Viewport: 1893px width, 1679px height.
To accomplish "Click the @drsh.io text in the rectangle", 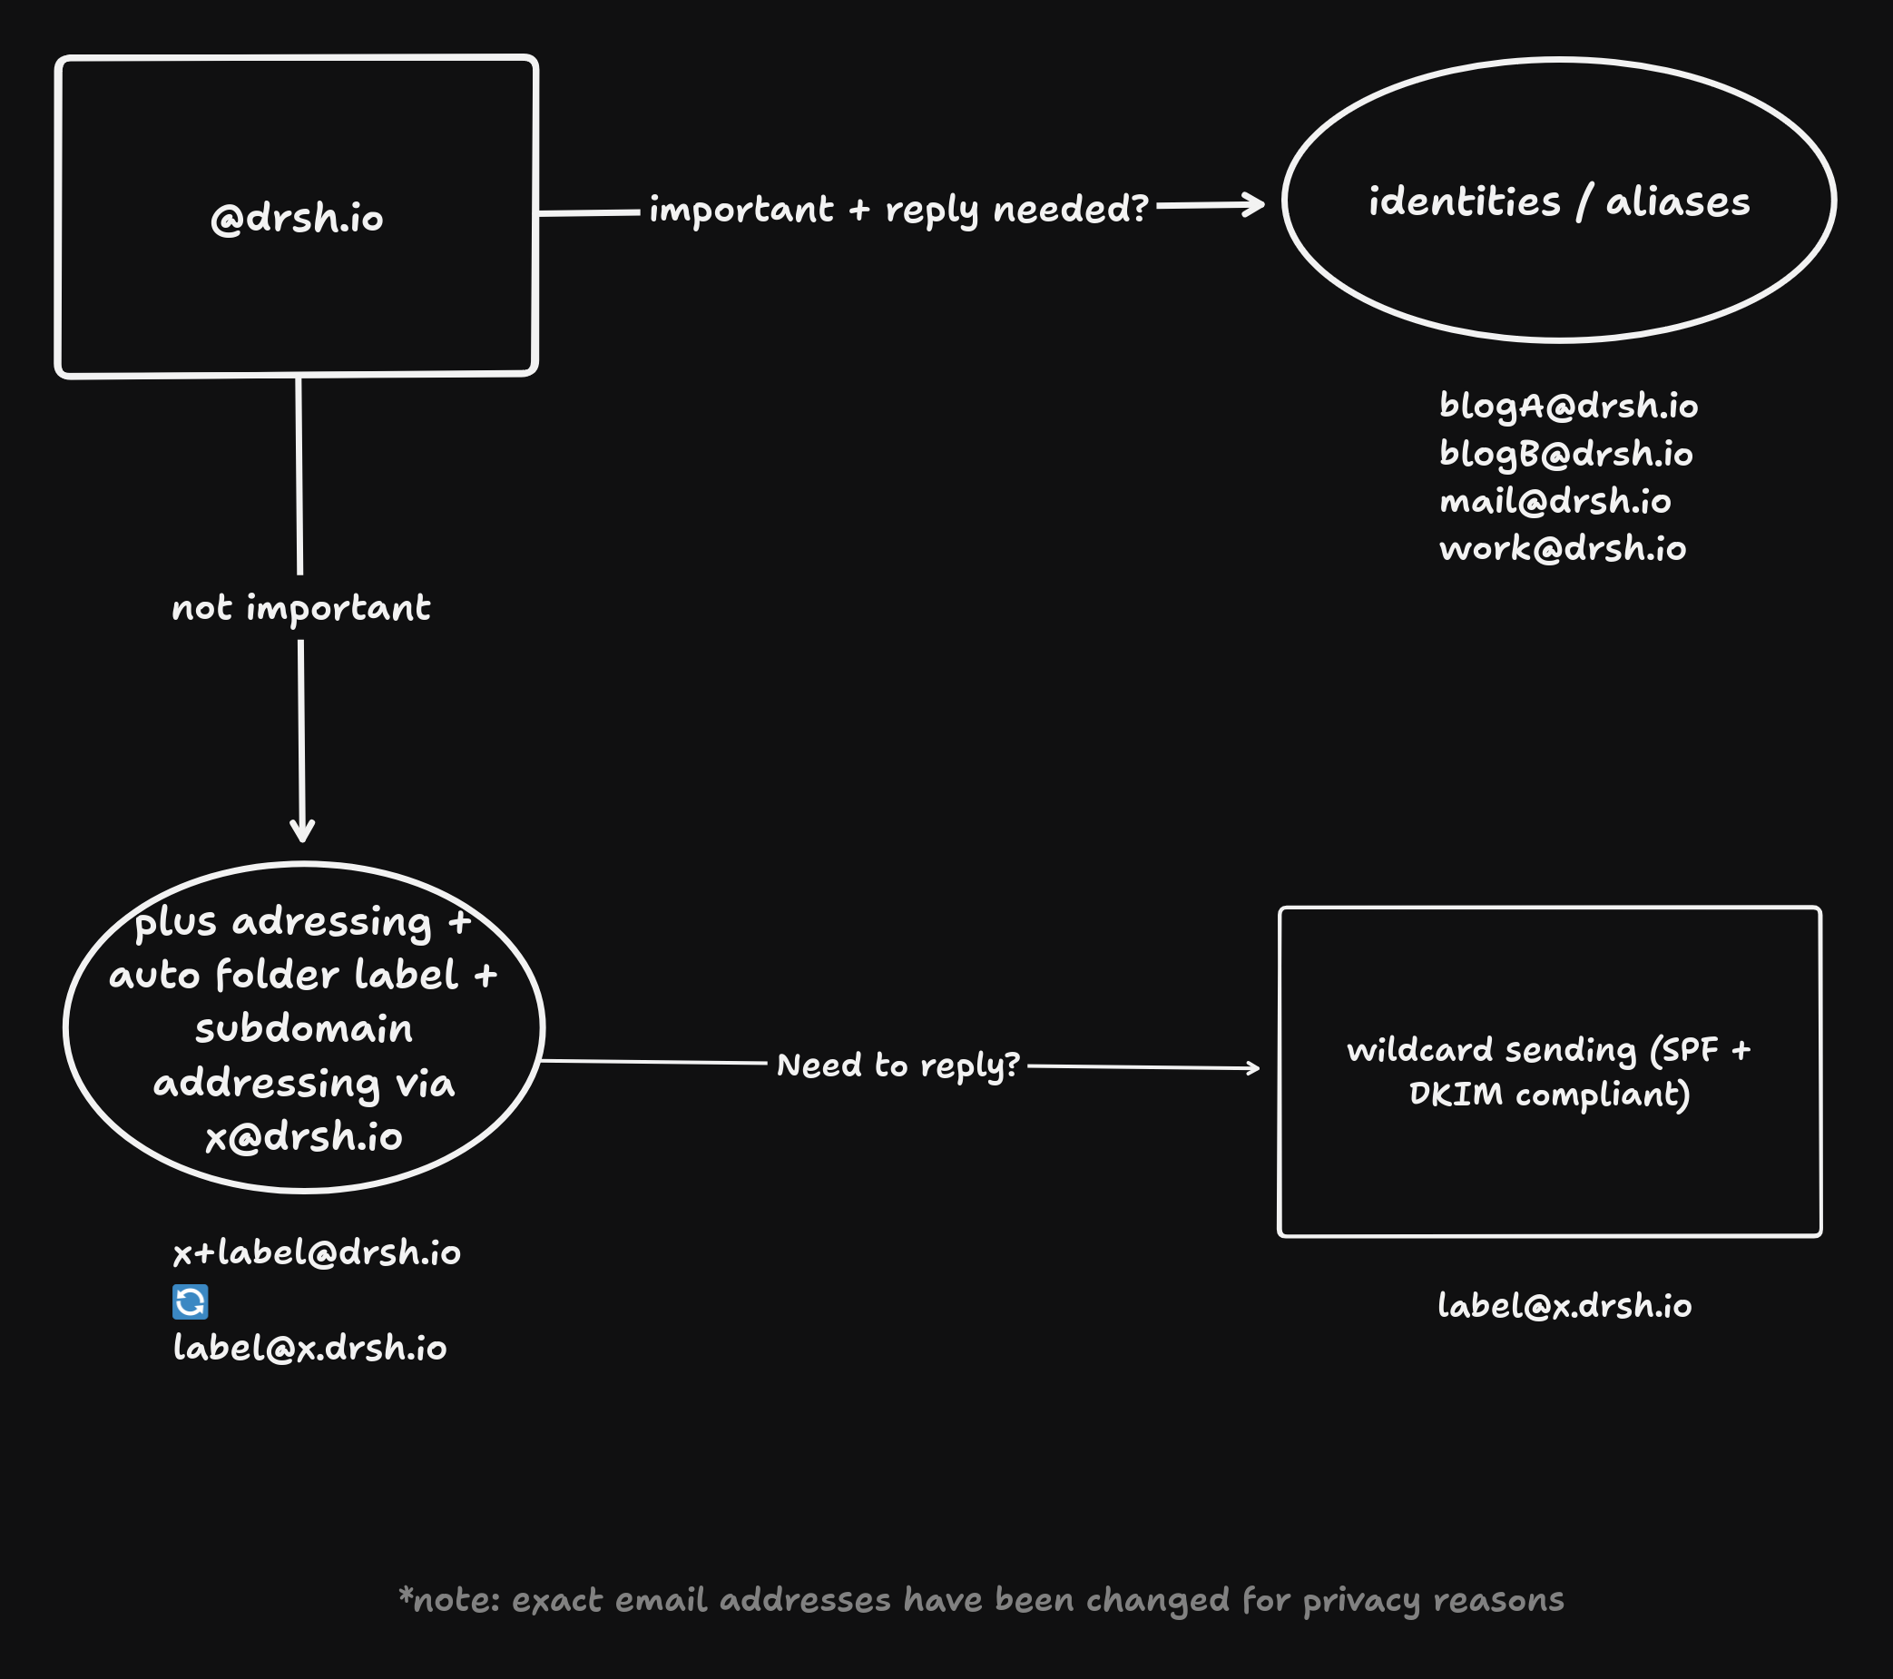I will click(297, 219).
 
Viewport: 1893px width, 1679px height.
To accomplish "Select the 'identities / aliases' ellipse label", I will click(1559, 201).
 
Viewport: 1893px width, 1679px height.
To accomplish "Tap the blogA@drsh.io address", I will click(1568, 406).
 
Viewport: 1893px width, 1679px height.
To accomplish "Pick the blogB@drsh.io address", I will click(1565, 454).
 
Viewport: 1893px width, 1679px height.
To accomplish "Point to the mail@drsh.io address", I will click(1555, 501).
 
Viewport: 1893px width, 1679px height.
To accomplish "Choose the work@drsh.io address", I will click(1563, 548).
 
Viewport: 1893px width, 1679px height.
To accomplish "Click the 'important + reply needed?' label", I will click(898, 210).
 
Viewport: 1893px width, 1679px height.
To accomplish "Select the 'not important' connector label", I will click(301, 607).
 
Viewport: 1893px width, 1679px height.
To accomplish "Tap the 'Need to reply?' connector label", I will click(897, 1065).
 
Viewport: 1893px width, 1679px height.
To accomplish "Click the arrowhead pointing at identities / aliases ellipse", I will click(1256, 205).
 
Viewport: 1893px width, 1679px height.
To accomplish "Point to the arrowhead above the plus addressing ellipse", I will click(302, 830).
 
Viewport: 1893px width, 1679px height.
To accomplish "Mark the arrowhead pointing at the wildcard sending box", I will click(1252, 1068).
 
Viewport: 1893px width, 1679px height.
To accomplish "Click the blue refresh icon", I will click(190, 1301).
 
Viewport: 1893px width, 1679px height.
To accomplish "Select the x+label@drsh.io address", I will click(317, 1252).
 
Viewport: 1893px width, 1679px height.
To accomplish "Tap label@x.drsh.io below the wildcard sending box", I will click(1564, 1306).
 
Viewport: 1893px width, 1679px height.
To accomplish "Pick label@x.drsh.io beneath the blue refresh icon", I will click(309, 1349).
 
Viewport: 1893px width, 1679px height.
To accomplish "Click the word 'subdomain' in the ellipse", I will click(304, 1029).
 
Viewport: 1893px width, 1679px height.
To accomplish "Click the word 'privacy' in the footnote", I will click(1360, 1600).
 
